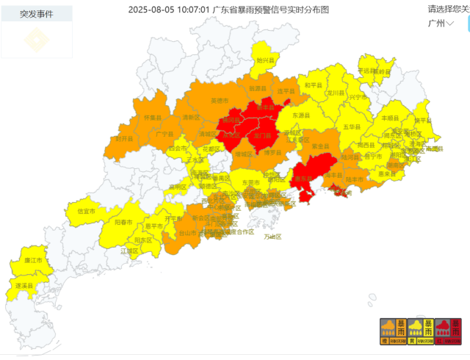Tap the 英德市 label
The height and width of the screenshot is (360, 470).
pyautogui.click(x=220, y=100)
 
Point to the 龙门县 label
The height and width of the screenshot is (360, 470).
pyautogui.click(x=262, y=136)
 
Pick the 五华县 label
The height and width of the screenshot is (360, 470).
pyautogui.click(x=350, y=127)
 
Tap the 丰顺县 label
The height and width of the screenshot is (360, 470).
pyautogui.click(x=389, y=118)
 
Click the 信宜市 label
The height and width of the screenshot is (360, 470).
pyautogui.click(x=86, y=211)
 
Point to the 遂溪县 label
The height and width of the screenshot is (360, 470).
pyautogui.click(x=23, y=285)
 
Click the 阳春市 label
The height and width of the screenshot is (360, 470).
pyautogui.click(x=123, y=222)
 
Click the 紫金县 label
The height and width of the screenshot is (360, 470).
pyautogui.click(x=319, y=146)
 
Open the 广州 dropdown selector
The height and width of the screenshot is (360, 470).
pyautogui.click(x=441, y=23)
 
